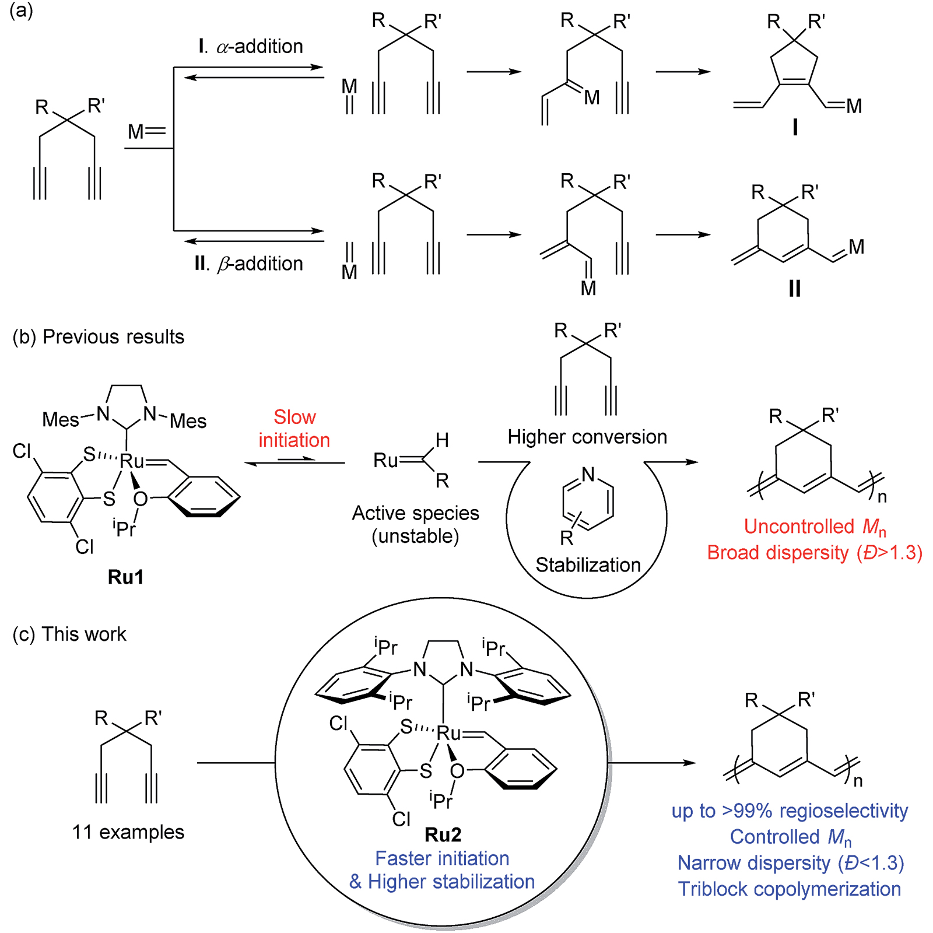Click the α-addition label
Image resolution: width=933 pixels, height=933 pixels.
coord(251,46)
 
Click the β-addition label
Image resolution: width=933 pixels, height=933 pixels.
coord(249,264)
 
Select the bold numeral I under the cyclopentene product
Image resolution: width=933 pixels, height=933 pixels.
coord(795,127)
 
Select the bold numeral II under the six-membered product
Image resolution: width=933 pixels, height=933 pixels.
coord(794,289)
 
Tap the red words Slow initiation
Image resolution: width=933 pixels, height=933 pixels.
coord(294,429)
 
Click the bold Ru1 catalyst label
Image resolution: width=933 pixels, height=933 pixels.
coord(125,577)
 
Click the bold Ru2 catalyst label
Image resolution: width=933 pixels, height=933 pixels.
coord(443,834)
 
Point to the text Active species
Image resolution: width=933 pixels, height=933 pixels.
coord(415,513)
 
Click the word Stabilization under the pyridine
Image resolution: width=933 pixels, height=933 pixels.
coord(588,564)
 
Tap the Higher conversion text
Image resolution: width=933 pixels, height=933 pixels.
coord(587,437)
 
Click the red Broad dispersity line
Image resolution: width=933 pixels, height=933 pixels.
coord(815,553)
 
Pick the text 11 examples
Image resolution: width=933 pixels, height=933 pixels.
coord(128,832)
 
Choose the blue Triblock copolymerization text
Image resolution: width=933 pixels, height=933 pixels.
coord(790,889)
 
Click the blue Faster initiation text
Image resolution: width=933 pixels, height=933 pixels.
coord(442,858)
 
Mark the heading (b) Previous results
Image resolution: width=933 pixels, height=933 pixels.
coord(98,337)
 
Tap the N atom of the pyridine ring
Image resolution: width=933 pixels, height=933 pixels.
coord(588,475)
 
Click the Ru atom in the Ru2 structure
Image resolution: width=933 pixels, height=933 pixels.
coord(448,734)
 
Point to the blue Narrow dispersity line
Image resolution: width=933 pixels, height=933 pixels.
coord(790,863)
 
